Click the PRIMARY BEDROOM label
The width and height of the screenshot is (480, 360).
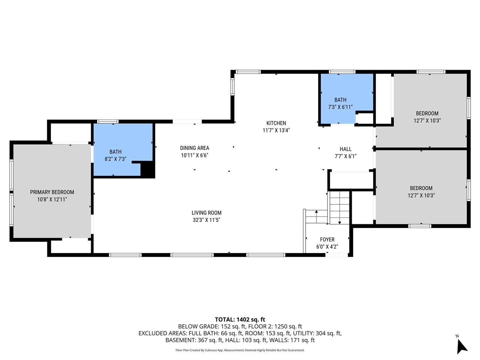coord(52,192)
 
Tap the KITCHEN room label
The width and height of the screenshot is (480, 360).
coord(276,123)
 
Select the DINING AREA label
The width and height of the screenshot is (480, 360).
coord(194,148)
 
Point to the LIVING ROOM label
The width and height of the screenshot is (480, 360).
coord(206,213)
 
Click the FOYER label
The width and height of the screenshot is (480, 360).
coord(327,239)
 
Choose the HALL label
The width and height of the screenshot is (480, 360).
coord(345,149)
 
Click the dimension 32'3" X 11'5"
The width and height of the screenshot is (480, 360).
coord(206,220)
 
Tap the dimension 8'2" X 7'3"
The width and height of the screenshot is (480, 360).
coord(115,159)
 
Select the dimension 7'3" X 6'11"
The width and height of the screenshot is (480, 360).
coord(340,107)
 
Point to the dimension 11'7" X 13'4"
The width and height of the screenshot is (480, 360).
coord(276,130)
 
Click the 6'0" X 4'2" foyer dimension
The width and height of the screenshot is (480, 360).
coord(327,247)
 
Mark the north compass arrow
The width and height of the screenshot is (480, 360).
coord(462,345)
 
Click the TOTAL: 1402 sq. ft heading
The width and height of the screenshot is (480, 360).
coord(240,319)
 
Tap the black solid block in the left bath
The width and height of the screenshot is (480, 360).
coord(147,169)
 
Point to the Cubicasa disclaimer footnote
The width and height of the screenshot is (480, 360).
coord(240,350)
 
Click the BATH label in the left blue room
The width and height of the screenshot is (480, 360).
coord(115,152)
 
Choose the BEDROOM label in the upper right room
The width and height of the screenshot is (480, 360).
coord(427,113)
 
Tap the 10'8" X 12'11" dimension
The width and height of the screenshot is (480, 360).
coord(52,199)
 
